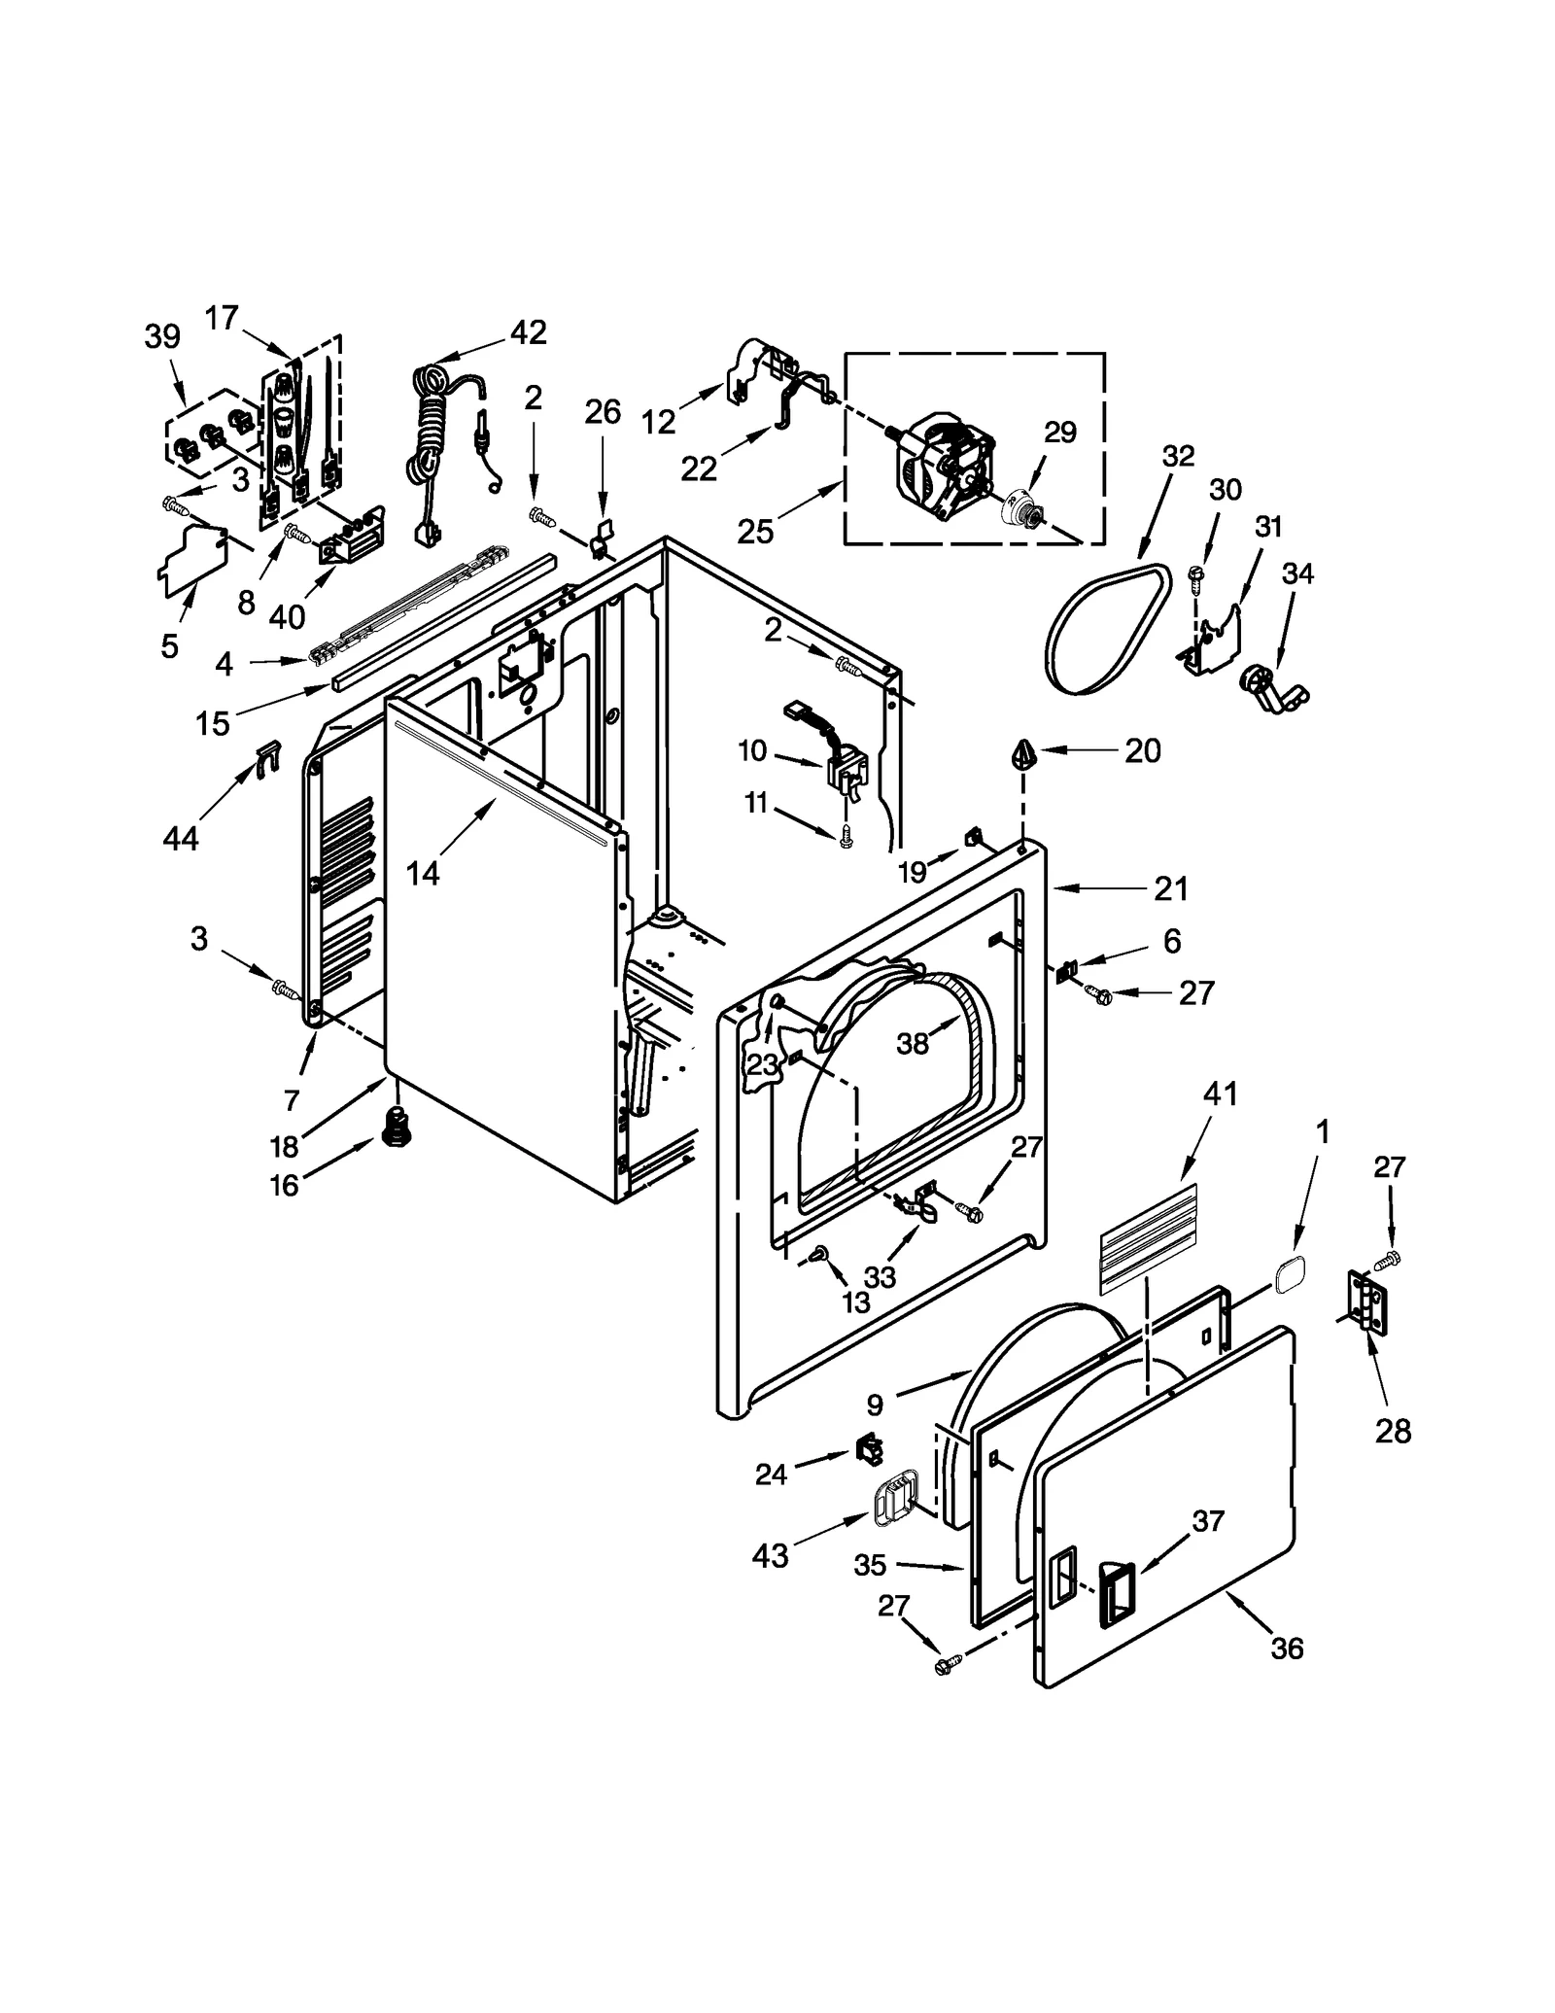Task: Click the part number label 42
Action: pyautogui.click(x=529, y=332)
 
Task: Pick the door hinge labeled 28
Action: pyautogui.click(x=1367, y=1300)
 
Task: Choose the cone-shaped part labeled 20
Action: pyautogui.click(x=1023, y=753)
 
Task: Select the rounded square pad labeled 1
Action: pyautogui.click(x=1287, y=1272)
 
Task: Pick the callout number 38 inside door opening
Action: pyautogui.click(x=912, y=1043)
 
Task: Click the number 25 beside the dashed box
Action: pyautogui.click(x=755, y=532)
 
